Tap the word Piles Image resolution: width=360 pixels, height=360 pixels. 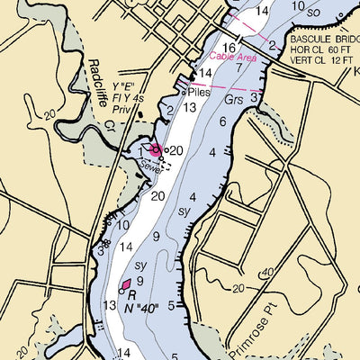click(x=199, y=92)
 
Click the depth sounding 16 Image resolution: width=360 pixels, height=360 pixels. click(x=229, y=48)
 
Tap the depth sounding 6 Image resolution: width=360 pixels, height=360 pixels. click(x=222, y=122)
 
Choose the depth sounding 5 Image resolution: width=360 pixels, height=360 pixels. click(x=184, y=306)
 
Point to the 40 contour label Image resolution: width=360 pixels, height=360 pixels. click(x=266, y=272)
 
